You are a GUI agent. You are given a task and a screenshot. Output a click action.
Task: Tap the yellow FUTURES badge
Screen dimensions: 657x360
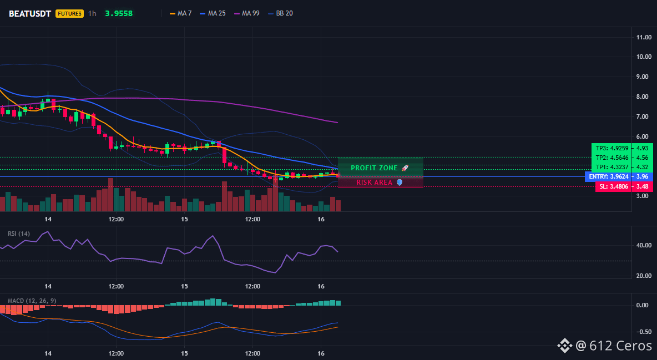click(x=69, y=13)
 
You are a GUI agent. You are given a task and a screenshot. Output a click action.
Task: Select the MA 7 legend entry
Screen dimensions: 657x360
click(x=180, y=13)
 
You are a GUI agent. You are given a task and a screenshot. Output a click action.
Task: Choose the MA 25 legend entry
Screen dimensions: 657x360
click(x=213, y=13)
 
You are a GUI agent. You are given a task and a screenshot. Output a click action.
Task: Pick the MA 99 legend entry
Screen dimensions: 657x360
click(x=247, y=13)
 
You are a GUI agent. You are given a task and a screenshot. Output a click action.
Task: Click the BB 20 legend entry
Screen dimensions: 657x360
click(x=280, y=13)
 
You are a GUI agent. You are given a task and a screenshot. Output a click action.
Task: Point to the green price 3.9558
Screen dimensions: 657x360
click(x=119, y=13)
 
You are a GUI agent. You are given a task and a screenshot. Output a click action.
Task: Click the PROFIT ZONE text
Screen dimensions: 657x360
click(x=374, y=168)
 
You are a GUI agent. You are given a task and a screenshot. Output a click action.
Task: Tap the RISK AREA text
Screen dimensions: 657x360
click(x=374, y=182)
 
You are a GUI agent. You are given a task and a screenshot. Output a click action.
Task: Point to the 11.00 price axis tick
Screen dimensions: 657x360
click(x=644, y=37)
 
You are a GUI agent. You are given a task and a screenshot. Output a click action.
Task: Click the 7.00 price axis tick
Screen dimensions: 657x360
click(x=644, y=116)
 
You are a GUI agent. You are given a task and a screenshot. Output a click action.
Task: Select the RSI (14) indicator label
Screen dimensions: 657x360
click(x=19, y=234)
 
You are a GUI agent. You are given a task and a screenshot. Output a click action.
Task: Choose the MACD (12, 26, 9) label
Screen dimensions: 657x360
click(x=32, y=301)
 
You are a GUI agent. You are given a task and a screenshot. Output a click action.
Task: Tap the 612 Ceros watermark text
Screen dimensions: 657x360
click(x=620, y=346)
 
